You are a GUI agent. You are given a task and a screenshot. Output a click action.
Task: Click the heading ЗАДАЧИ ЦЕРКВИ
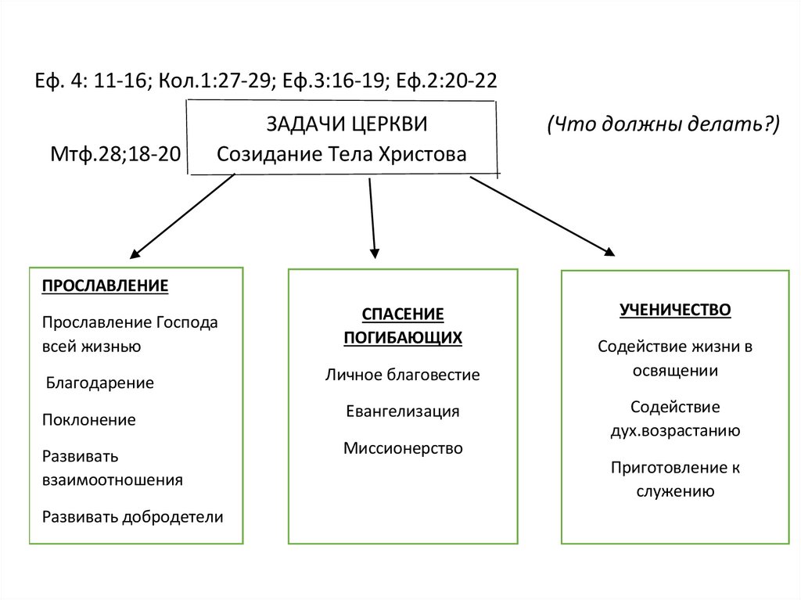pos(347,125)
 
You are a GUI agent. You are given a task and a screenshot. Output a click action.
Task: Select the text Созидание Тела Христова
pos(342,155)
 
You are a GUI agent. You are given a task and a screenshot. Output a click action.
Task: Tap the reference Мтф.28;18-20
pos(115,155)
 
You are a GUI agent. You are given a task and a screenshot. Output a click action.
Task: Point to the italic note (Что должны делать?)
pos(663,125)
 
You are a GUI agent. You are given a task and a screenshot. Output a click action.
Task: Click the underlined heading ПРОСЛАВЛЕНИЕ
pos(105,286)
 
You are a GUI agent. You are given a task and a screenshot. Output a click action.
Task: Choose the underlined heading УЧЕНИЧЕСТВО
pos(675,310)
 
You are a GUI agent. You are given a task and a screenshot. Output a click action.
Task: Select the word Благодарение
pos(99,383)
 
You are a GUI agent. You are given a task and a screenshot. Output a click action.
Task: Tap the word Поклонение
pos(88,420)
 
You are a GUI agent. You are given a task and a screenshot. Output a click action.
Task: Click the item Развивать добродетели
pos(132,516)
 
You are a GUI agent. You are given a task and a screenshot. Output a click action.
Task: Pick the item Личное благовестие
pos(402,375)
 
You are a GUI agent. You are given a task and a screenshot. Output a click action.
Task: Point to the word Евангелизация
pos(402,411)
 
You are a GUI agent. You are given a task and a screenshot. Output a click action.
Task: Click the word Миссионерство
pos(402,448)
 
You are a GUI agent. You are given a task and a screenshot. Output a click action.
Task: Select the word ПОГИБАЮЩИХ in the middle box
pos(402,338)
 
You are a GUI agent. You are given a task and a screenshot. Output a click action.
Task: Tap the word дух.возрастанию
pos(675,430)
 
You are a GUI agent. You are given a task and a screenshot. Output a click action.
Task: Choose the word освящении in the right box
pos(675,371)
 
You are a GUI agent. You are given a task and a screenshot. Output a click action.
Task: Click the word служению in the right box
pos(675,491)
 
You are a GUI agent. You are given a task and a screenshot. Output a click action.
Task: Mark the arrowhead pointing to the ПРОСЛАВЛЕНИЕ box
pos(135,253)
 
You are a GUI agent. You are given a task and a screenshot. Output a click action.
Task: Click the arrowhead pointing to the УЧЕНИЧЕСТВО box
pos(609,250)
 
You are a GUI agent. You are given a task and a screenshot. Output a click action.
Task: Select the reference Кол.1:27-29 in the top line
pos(214,81)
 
